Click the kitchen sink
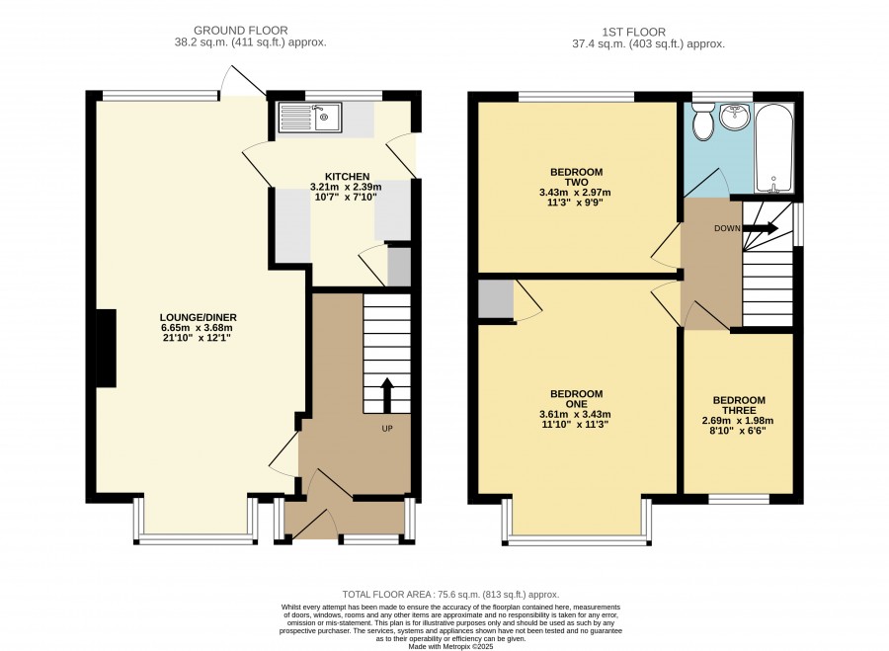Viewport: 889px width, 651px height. click(x=309, y=118)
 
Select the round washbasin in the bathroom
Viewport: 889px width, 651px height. click(x=735, y=117)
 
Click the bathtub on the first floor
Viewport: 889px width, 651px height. click(x=773, y=147)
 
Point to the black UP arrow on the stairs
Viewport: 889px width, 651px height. click(x=387, y=395)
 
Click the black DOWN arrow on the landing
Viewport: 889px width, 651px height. click(x=761, y=228)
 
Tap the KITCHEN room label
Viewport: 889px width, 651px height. click(x=347, y=177)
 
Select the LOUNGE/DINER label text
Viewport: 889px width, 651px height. click(x=198, y=317)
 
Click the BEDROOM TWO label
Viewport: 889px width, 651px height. click(x=576, y=177)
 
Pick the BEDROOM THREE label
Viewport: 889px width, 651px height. click(x=739, y=405)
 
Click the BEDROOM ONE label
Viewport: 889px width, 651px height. click(x=576, y=399)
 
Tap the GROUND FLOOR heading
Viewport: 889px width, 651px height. click(x=241, y=30)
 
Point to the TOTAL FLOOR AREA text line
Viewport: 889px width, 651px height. click(x=450, y=595)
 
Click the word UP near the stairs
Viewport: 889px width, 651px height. click(x=386, y=429)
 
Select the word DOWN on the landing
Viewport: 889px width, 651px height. click(x=727, y=228)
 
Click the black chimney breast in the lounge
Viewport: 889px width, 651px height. click(x=106, y=348)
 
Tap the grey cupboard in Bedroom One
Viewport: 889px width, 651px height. click(x=496, y=299)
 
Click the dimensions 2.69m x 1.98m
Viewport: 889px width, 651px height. click(x=738, y=421)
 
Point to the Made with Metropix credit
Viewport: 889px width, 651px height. click(x=451, y=646)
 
